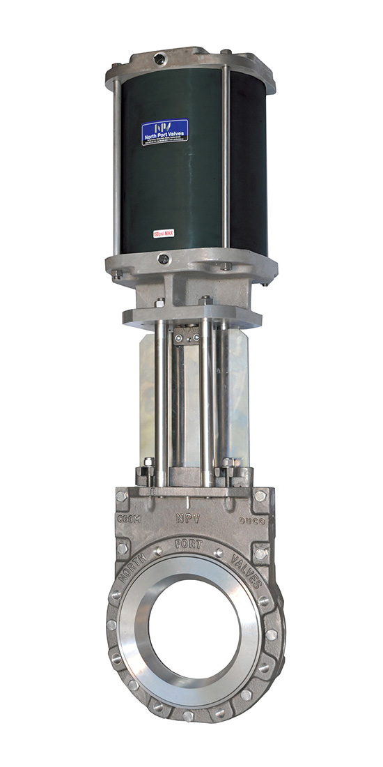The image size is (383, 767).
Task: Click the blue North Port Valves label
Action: point(164,132)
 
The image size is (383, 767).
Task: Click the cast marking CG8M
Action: point(129,520)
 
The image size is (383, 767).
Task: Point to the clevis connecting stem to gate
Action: point(189,337)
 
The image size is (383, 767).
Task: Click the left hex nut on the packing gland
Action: point(148,463)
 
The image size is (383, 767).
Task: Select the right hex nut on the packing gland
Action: point(228,463)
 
